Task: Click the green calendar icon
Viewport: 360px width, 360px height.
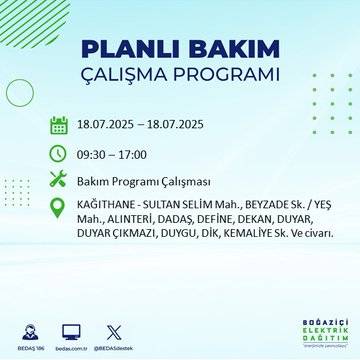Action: (59, 126)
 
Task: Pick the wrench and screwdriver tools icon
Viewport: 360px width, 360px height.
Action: (59, 180)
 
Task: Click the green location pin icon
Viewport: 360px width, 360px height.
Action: (59, 207)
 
